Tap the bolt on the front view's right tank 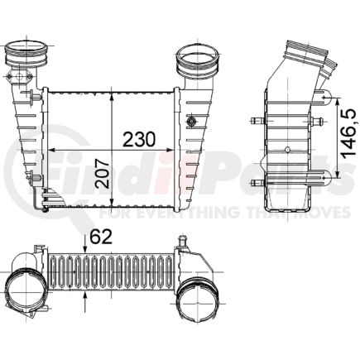coord(192,123)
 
